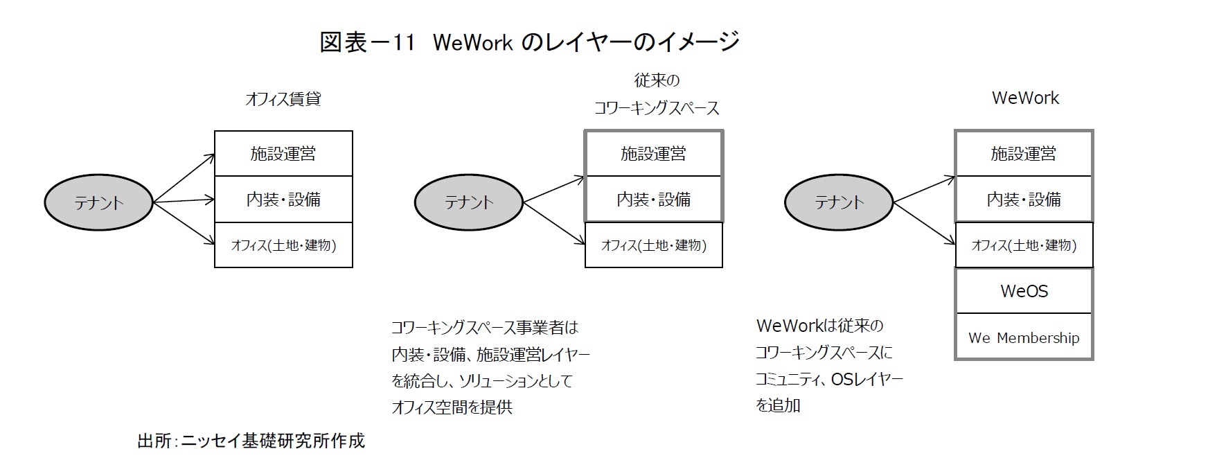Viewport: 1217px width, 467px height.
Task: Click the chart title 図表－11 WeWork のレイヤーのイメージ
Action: pos(529,42)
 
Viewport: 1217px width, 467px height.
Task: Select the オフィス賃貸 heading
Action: pos(283,99)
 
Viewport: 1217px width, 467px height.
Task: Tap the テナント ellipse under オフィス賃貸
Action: pos(98,202)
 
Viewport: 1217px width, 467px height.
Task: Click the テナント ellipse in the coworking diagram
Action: pos(468,202)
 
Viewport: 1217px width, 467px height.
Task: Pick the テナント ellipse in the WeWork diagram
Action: pos(838,202)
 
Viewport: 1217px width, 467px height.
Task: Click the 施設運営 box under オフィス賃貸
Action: pos(283,153)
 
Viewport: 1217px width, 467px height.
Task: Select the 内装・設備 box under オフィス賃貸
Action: pos(283,200)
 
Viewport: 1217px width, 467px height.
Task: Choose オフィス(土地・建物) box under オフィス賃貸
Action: pos(283,245)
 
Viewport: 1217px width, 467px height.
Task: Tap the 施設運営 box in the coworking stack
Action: pos(653,153)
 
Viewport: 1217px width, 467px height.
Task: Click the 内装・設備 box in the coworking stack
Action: pos(653,200)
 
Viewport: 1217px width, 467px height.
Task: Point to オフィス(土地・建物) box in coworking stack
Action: pos(653,245)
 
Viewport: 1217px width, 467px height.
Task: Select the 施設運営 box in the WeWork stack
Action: pos(1023,153)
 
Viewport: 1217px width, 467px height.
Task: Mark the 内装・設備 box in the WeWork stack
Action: pos(1023,200)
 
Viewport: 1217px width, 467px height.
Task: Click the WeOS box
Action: pos(1023,291)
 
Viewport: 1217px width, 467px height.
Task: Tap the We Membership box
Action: pos(1023,337)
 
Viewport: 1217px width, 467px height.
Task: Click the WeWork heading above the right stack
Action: pos(1024,98)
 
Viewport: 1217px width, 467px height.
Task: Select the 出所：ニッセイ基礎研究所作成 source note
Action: pos(251,441)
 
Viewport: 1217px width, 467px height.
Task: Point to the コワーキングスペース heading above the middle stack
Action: pos(656,108)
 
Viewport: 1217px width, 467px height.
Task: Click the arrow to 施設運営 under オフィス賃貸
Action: pos(184,178)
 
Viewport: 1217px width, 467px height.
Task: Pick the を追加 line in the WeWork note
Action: pos(778,405)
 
